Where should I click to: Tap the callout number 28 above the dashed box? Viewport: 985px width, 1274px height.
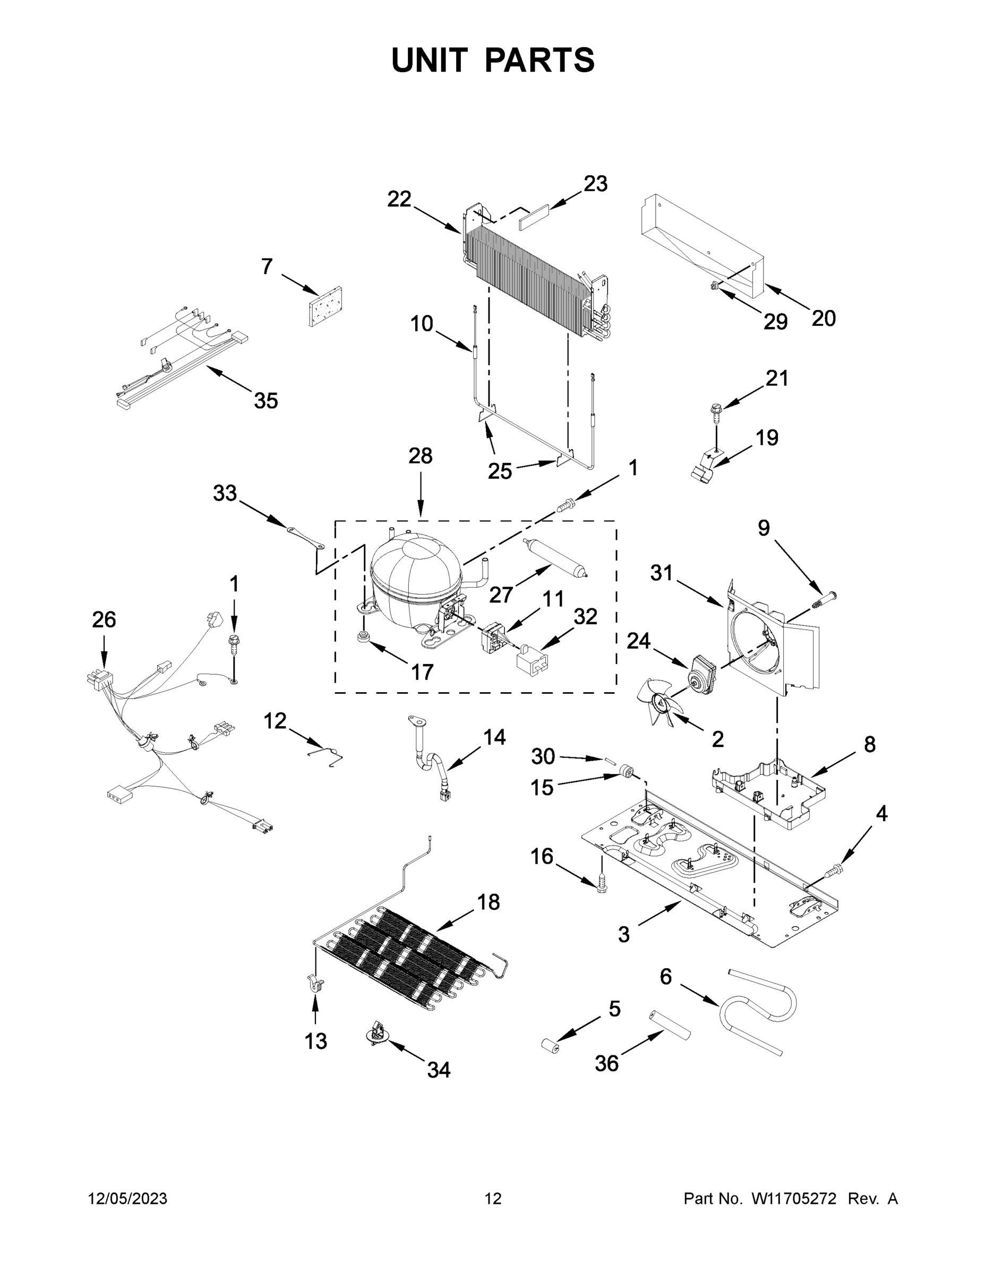tap(420, 455)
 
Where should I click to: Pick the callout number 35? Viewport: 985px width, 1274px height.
tap(265, 401)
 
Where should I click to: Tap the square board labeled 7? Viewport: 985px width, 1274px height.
tap(326, 307)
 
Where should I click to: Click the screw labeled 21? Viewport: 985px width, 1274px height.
tap(716, 412)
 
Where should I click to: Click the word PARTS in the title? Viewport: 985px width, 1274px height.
tap(540, 60)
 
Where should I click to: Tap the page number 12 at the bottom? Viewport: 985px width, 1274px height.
tap(493, 1199)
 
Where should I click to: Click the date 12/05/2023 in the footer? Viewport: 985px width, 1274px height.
tap(128, 1199)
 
